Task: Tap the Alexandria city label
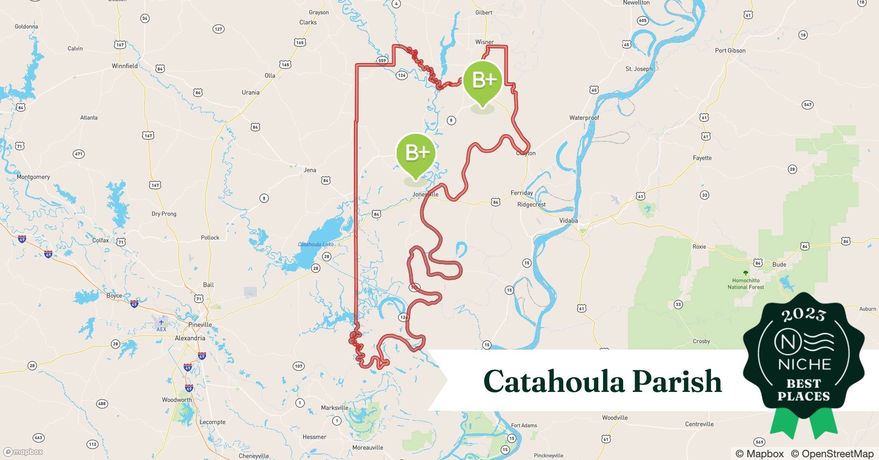190,338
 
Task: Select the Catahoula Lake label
317,244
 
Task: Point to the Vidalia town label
568,220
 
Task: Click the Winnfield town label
125,66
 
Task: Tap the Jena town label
310,170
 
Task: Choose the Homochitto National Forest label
746,283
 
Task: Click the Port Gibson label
730,51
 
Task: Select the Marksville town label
335,408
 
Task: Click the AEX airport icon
161,322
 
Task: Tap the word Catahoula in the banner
552,381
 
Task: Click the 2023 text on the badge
804,315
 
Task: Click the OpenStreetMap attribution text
832,454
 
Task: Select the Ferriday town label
521,193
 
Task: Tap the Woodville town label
615,418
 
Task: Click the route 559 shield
382,61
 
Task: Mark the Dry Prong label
164,214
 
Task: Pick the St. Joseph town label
639,69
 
